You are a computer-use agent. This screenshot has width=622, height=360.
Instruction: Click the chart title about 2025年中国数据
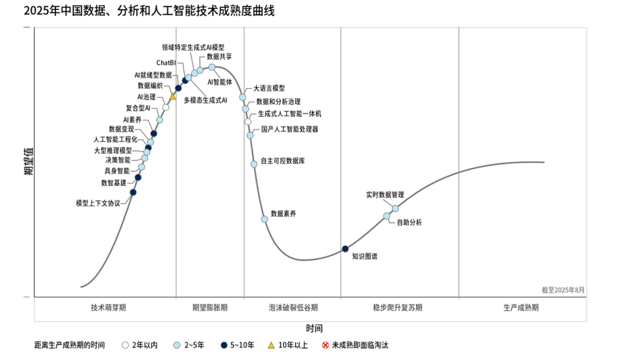click(x=140, y=11)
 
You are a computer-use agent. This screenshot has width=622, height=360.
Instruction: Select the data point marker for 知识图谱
click(x=345, y=249)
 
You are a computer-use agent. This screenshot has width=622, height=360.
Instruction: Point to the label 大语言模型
click(x=269, y=88)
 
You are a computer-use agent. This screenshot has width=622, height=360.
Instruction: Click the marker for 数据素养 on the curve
click(x=264, y=219)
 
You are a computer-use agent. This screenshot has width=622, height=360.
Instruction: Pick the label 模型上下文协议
click(x=98, y=203)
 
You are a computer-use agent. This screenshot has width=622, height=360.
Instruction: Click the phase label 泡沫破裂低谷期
click(x=293, y=307)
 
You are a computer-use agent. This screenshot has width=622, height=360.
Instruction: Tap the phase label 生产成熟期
click(x=521, y=307)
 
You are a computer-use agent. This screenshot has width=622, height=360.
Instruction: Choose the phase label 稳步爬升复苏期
click(x=397, y=307)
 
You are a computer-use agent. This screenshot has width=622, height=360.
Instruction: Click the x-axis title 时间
click(x=314, y=328)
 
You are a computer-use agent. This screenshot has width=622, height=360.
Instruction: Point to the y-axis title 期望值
click(x=28, y=162)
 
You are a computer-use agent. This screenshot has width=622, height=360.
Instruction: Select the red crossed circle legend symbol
click(x=325, y=345)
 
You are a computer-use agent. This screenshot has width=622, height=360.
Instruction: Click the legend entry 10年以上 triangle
click(x=271, y=345)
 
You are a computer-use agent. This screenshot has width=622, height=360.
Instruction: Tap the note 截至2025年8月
click(x=563, y=290)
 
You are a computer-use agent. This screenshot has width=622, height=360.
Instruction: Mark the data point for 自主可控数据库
click(x=254, y=164)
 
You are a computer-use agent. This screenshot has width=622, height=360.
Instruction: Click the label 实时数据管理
click(x=385, y=195)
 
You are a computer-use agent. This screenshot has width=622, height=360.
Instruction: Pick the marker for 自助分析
click(x=387, y=216)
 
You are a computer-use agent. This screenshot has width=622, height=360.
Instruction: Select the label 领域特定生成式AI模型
click(x=193, y=47)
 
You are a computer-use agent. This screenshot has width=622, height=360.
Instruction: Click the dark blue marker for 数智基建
click(x=138, y=178)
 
